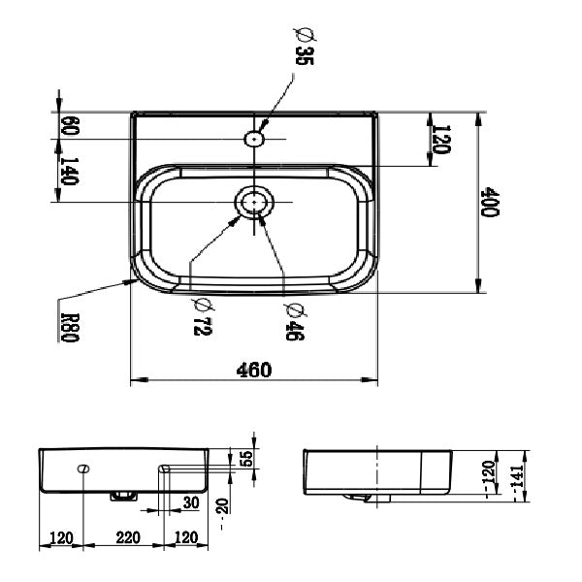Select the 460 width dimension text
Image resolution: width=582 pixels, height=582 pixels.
(254, 370)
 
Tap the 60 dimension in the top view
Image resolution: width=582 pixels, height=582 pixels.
(69, 126)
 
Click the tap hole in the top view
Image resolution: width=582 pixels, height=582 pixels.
(255, 139)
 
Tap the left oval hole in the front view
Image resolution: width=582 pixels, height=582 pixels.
(84, 469)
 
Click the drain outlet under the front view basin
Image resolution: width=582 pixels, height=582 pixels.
(123, 496)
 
